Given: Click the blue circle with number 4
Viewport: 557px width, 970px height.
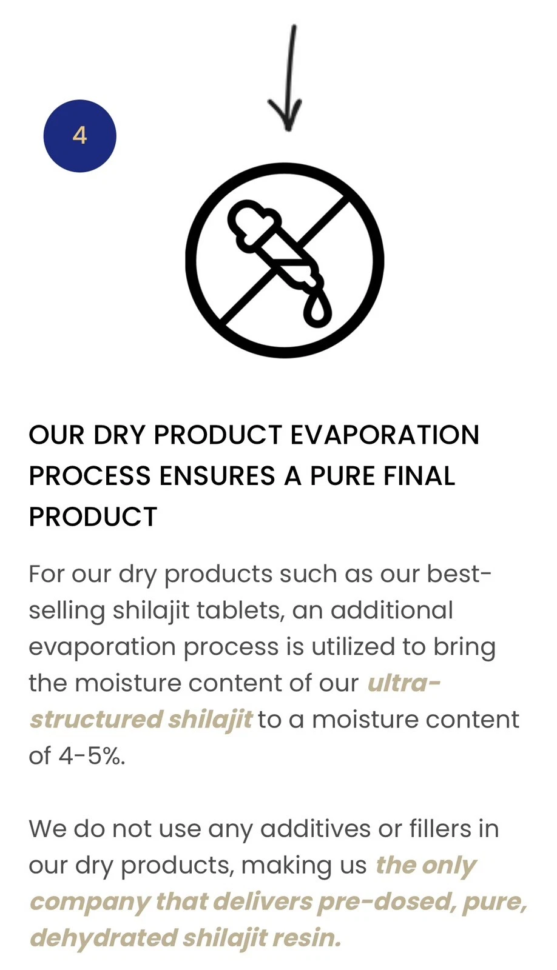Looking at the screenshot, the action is [79, 136].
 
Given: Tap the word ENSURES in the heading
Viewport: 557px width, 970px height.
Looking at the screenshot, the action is [217, 475].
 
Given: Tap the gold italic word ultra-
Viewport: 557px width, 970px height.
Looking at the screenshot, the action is [404, 683].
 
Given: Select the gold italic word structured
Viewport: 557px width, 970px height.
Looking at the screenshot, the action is [96, 720].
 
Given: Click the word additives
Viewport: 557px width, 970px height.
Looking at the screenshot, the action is [316, 829].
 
